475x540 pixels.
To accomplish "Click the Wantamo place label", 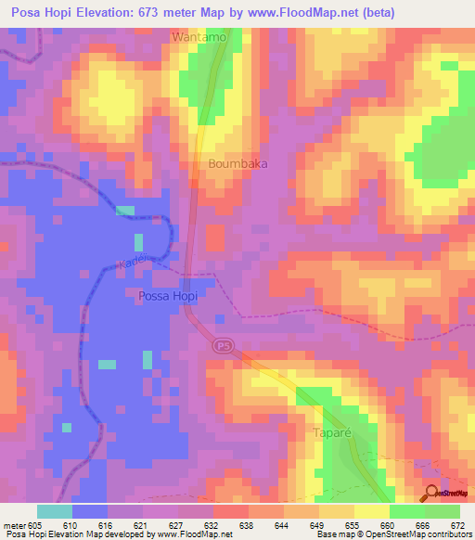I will tap(199, 37).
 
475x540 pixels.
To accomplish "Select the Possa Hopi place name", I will tap(168, 296).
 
